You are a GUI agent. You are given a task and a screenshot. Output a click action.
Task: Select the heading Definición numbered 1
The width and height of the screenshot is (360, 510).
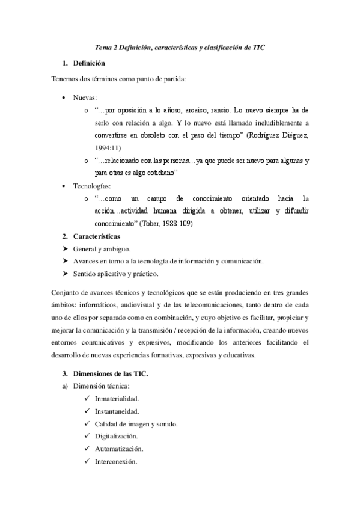point(89,63)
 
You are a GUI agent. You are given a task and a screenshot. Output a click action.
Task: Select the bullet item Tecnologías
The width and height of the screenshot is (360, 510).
point(91,186)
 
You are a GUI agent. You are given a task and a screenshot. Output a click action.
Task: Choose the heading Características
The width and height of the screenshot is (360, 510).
point(96,236)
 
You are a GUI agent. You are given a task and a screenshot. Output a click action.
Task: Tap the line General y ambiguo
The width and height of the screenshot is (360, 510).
point(102,249)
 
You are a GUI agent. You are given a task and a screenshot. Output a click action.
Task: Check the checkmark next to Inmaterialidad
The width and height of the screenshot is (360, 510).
point(88,399)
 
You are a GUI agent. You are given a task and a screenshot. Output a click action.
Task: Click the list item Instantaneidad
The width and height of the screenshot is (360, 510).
point(117,411)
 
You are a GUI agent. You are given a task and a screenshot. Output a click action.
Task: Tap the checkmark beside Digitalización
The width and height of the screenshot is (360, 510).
point(88,437)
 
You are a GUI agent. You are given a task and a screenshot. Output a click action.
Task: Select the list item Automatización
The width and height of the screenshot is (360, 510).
point(118,449)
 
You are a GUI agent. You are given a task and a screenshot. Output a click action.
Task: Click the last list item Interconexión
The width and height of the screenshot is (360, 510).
point(116,462)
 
